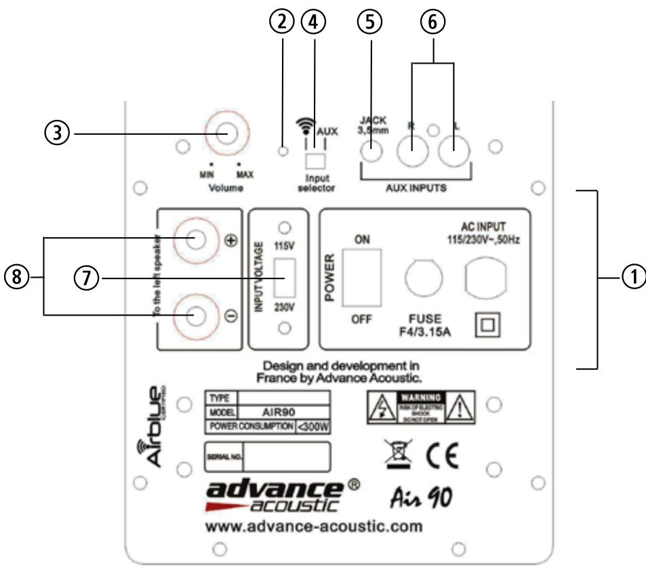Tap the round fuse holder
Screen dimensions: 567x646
click(424, 276)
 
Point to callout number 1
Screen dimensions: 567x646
click(634, 278)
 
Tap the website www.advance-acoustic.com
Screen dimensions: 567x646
click(315, 526)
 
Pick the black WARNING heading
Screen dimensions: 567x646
click(423, 396)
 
